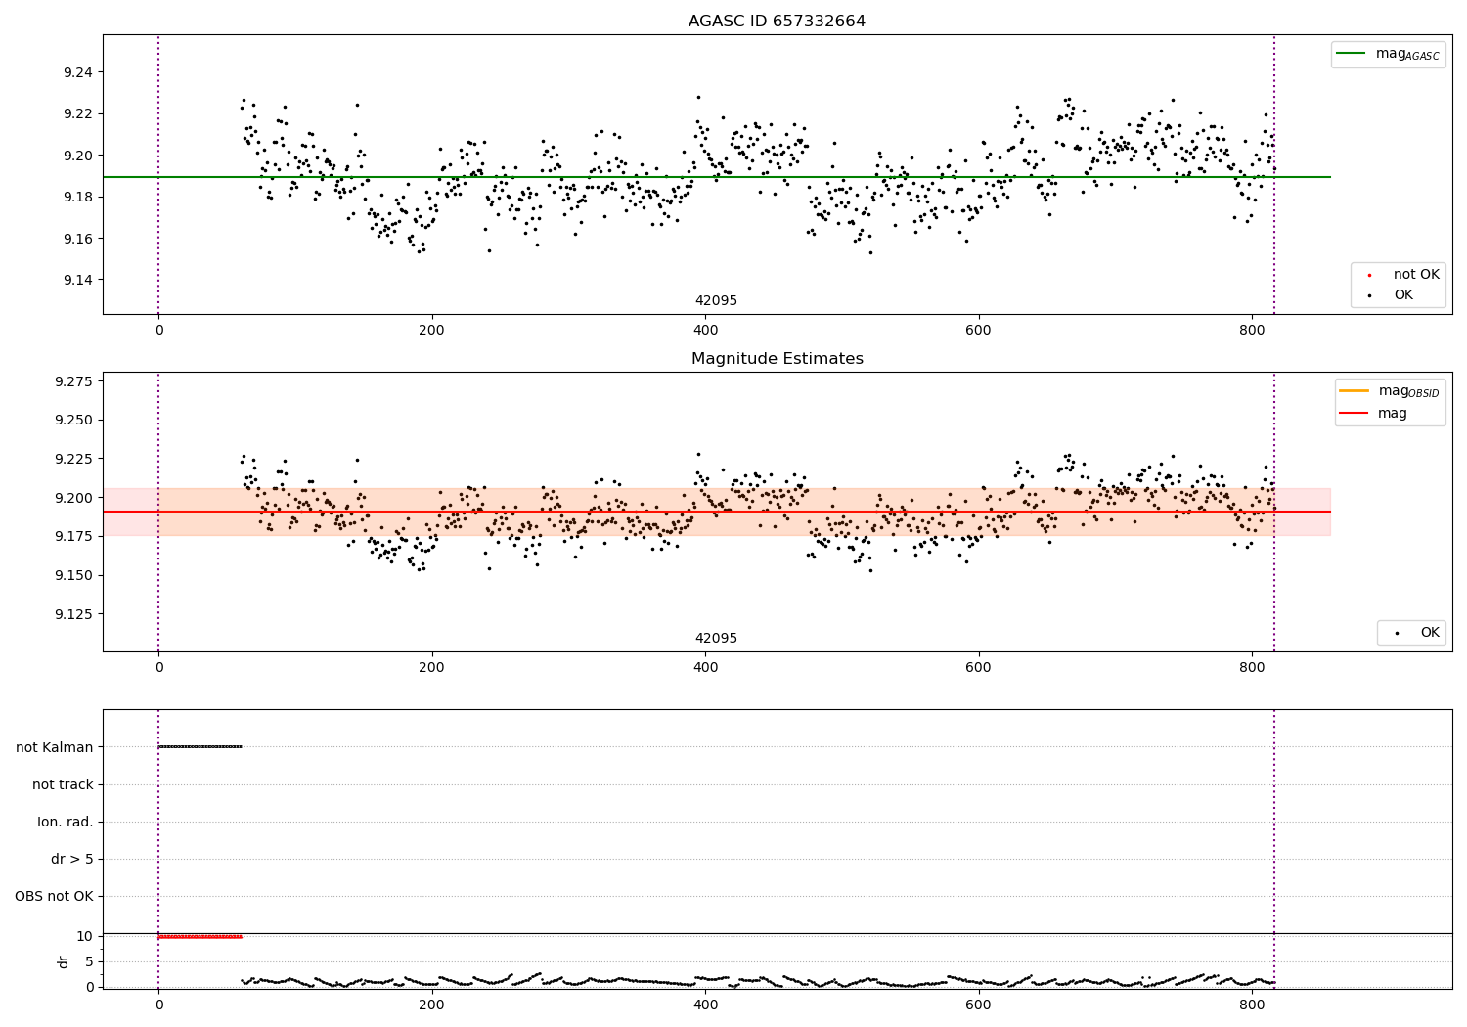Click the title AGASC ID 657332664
pos(777,22)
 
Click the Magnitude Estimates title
pos(777,359)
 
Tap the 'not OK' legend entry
pos(1415,275)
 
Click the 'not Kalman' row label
pos(54,747)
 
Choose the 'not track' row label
pos(63,784)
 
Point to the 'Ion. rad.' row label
pos(65,822)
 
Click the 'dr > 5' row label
pos(71,859)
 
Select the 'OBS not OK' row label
pos(54,896)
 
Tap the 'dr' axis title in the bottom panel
pos(64,961)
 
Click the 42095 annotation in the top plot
pos(716,301)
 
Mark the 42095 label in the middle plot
pos(716,639)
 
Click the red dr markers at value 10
pos(200,937)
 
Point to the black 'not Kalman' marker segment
pos(200,747)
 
